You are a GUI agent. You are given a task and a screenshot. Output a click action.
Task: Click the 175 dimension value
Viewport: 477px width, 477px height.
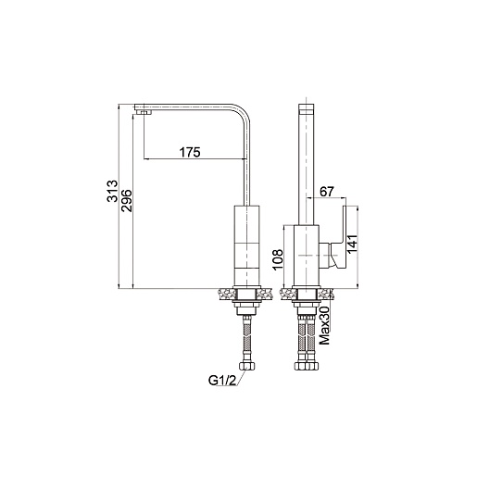(x=190, y=152)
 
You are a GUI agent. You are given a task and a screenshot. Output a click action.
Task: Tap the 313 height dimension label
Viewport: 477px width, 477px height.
(x=112, y=191)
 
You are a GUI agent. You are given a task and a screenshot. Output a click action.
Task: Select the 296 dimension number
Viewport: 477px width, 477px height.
(x=126, y=200)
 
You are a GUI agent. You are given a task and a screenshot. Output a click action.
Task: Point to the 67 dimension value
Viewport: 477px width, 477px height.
(x=327, y=192)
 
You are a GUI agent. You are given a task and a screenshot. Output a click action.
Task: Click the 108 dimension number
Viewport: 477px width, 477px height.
(x=278, y=259)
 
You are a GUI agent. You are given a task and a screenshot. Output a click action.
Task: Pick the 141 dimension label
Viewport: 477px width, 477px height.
(x=352, y=244)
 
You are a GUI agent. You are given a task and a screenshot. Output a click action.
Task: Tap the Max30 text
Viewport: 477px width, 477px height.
(x=325, y=325)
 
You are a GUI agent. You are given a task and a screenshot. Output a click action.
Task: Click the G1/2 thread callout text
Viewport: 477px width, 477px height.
(x=222, y=381)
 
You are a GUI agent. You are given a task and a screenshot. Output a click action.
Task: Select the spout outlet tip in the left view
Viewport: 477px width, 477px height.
(x=144, y=112)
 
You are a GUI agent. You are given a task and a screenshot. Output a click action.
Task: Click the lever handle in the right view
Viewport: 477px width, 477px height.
(x=341, y=236)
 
